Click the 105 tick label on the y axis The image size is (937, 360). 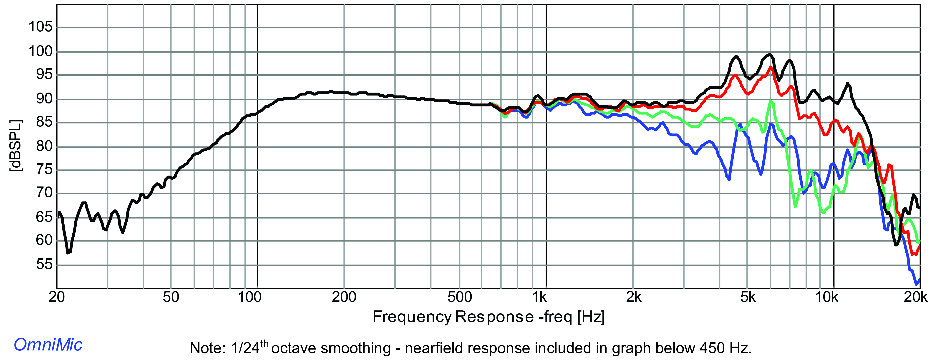tap(40, 27)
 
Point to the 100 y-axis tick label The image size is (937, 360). tap(40, 51)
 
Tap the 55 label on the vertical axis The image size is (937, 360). tap(44, 264)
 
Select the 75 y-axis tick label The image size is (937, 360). tap(44, 169)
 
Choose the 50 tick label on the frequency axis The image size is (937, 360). tap(171, 297)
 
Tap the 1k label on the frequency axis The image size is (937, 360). tap(539, 297)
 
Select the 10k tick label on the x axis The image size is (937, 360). tap(827, 297)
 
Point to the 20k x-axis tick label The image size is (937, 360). tap(916, 297)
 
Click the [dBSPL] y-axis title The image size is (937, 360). tap(16, 146)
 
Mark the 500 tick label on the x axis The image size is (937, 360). tap(460, 297)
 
